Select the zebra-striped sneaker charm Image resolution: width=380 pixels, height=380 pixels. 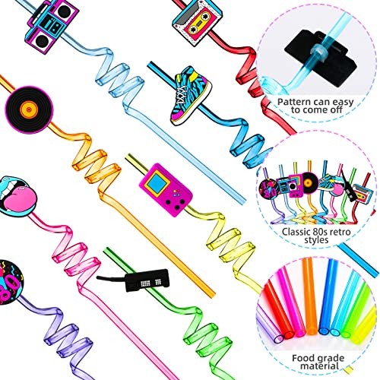(x=191, y=96)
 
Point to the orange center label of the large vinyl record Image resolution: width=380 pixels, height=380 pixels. (x=29, y=109)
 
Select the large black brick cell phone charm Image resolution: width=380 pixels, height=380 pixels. (x=147, y=280)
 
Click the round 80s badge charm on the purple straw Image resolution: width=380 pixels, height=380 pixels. (x=9, y=282)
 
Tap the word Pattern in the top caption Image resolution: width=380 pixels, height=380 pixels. (x=294, y=102)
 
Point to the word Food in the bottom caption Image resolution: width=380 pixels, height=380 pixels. (x=302, y=358)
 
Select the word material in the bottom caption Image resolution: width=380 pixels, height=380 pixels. (x=319, y=366)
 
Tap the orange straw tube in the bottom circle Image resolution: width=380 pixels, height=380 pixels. (x=311, y=295)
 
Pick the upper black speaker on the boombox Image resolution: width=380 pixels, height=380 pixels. (x=63, y=11)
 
